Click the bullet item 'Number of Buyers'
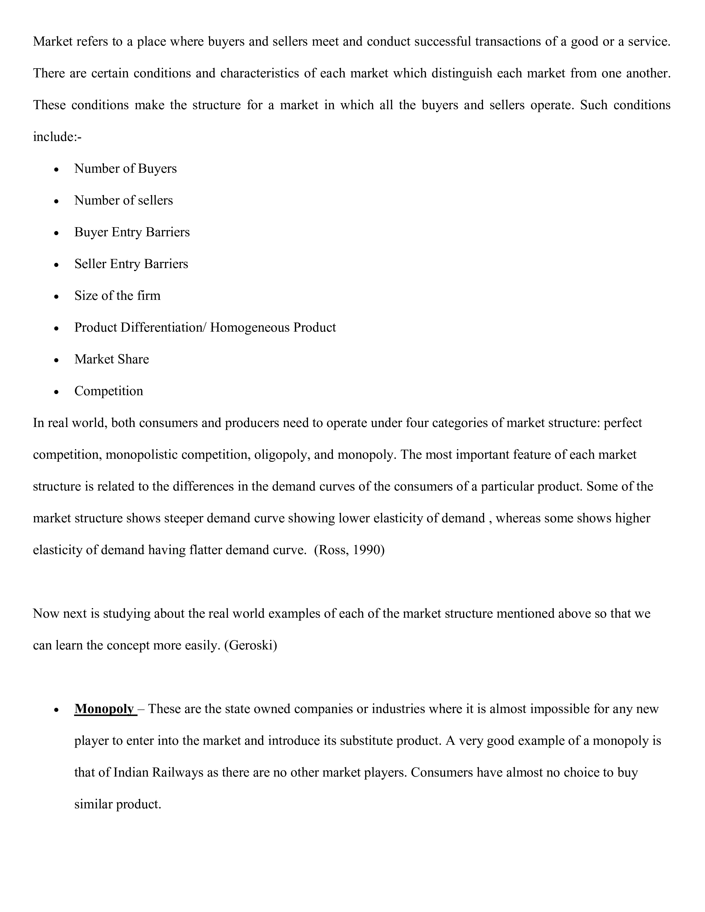(125, 168)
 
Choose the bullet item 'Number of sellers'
(123, 200)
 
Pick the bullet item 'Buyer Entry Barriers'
(132, 232)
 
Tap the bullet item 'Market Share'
(111, 359)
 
